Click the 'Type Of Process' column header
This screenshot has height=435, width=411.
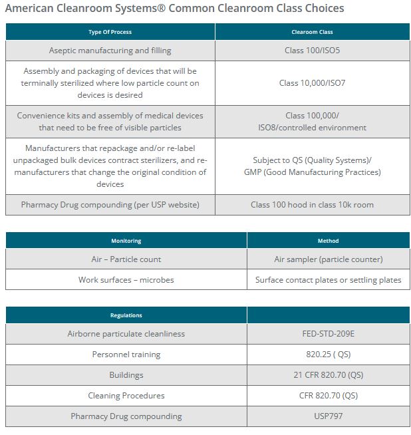coord(110,32)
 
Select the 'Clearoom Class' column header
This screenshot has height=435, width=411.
coord(312,32)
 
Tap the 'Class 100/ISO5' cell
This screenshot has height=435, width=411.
coord(312,51)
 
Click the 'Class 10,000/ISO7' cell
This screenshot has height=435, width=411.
coord(312,83)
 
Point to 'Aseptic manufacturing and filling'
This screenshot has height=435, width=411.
coord(110,51)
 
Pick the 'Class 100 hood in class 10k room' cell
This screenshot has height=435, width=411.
coord(312,205)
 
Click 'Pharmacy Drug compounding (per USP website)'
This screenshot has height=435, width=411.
coord(110,205)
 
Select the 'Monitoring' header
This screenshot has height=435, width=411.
coord(126,241)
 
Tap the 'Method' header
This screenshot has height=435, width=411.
coord(328,241)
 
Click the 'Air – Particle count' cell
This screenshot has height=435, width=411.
coord(126,259)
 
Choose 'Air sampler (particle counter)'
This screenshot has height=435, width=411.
coord(328,259)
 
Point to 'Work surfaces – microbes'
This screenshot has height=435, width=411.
coord(126,280)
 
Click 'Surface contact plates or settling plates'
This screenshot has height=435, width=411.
coord(328,280)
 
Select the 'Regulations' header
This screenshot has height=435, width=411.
coord(126,315)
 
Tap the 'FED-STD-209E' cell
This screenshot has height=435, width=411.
coord(328,333)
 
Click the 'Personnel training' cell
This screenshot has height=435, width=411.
coord(126,355)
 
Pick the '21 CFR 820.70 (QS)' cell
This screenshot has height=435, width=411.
coord(328,375)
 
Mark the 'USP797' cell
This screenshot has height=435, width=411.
coord(328,416)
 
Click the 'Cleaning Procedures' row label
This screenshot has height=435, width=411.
coord(126,396)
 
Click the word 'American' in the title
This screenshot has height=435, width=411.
coord(28,9)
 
